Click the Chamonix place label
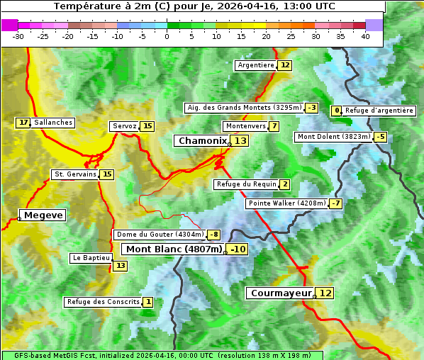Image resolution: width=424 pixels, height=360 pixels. [202, 141]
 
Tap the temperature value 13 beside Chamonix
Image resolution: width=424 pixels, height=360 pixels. [241, 141]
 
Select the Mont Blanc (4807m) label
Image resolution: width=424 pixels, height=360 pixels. [174, 249]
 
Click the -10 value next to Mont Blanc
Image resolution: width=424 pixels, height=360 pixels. [238, 249]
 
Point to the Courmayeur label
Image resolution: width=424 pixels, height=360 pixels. [281, 293]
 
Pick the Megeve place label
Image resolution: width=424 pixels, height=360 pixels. [43, 215]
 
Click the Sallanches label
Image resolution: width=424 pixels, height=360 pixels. [53, 123]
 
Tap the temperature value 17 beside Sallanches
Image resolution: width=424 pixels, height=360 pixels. [23, 123]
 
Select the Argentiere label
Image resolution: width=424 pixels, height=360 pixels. [256, 65]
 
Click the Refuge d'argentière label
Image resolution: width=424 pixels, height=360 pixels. [379, 111]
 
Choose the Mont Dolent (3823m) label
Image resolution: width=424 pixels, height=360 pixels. [334, 137]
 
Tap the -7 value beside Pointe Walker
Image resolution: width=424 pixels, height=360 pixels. [335, 203]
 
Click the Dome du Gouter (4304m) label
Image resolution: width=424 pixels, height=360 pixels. [160, 235]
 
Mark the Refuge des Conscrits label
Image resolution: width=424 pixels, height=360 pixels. [103, 302]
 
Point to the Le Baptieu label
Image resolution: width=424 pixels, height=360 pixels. [91, 258]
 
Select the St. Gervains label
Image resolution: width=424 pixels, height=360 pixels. [75, 174]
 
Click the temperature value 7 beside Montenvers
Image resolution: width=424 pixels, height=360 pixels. [274, 126]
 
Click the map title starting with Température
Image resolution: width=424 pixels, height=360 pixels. [194, 6]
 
